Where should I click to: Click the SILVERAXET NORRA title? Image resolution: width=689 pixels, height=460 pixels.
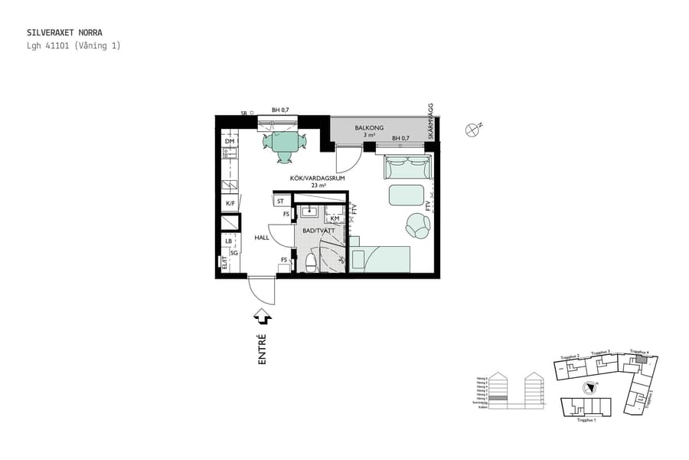64,33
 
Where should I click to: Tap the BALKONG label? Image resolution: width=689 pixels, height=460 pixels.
369,127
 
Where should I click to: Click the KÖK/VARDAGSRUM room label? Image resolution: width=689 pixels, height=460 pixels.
317,178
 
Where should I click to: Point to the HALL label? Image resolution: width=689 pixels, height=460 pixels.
262,238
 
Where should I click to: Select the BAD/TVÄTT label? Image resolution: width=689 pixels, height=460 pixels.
318,230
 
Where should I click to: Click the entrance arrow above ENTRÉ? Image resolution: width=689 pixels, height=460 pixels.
262,315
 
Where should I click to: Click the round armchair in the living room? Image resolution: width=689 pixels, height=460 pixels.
418,225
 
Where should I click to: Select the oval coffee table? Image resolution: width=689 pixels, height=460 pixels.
407,195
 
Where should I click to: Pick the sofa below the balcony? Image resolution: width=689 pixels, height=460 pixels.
408,165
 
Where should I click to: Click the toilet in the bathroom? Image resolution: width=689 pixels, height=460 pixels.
310,263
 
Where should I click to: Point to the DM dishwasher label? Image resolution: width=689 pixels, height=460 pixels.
229,142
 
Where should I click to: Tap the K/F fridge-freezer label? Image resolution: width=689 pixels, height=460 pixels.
229,203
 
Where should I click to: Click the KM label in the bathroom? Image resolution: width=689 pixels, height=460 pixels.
335,219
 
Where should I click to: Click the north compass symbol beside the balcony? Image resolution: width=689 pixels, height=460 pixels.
472,130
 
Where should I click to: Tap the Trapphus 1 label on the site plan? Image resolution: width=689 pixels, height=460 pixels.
586,420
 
